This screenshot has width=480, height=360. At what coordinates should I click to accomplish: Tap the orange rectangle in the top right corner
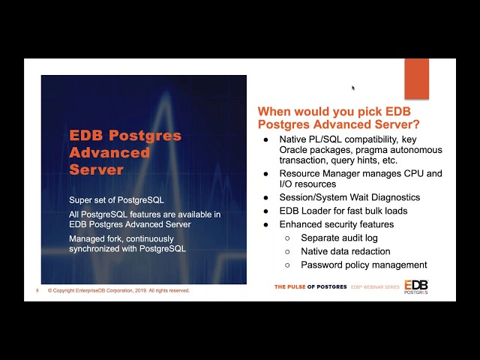tap(416, 78)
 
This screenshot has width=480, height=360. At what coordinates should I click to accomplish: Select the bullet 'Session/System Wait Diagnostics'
tap(349, 197)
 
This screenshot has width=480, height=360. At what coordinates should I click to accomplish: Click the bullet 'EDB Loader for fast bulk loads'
tap(343, 211)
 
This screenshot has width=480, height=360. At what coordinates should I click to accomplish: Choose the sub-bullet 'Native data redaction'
tap(345, 251)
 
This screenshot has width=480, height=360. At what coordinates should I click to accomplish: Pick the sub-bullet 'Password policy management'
tap(364, 265)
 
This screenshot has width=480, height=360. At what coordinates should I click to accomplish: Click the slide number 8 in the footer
tap(36, 290)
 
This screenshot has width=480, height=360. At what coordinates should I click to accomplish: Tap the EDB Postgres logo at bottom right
tap(416, 286)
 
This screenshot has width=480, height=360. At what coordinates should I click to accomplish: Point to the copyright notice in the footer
tap(118, 290)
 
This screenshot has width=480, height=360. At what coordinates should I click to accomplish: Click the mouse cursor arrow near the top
tap(352, 88)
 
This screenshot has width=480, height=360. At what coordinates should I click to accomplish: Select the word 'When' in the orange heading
tap(275, 111)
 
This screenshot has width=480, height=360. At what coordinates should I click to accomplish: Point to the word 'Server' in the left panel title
tap(95, 169)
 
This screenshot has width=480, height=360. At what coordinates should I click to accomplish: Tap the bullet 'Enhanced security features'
tap(336, 224)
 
